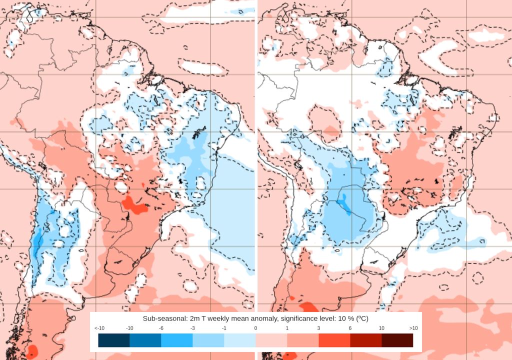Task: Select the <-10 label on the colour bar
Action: tap(98, 328)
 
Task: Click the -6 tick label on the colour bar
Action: tap(161, 328)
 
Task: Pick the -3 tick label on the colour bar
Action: tap(192, 328)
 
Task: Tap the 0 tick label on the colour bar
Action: tap(255, 328)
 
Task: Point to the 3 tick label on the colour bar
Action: tap(318, 328)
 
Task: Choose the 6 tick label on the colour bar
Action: tap(350, 328)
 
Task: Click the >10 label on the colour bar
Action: tap(413, 328)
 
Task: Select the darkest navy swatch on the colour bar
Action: tap(114, 340)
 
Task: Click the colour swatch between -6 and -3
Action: tap(177, 340)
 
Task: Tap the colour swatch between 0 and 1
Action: tap(271, 340)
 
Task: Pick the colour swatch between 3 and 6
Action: tap(334, 340)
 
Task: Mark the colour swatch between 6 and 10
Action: tap(366, 340)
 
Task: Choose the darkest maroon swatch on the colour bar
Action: tap(397, 340)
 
